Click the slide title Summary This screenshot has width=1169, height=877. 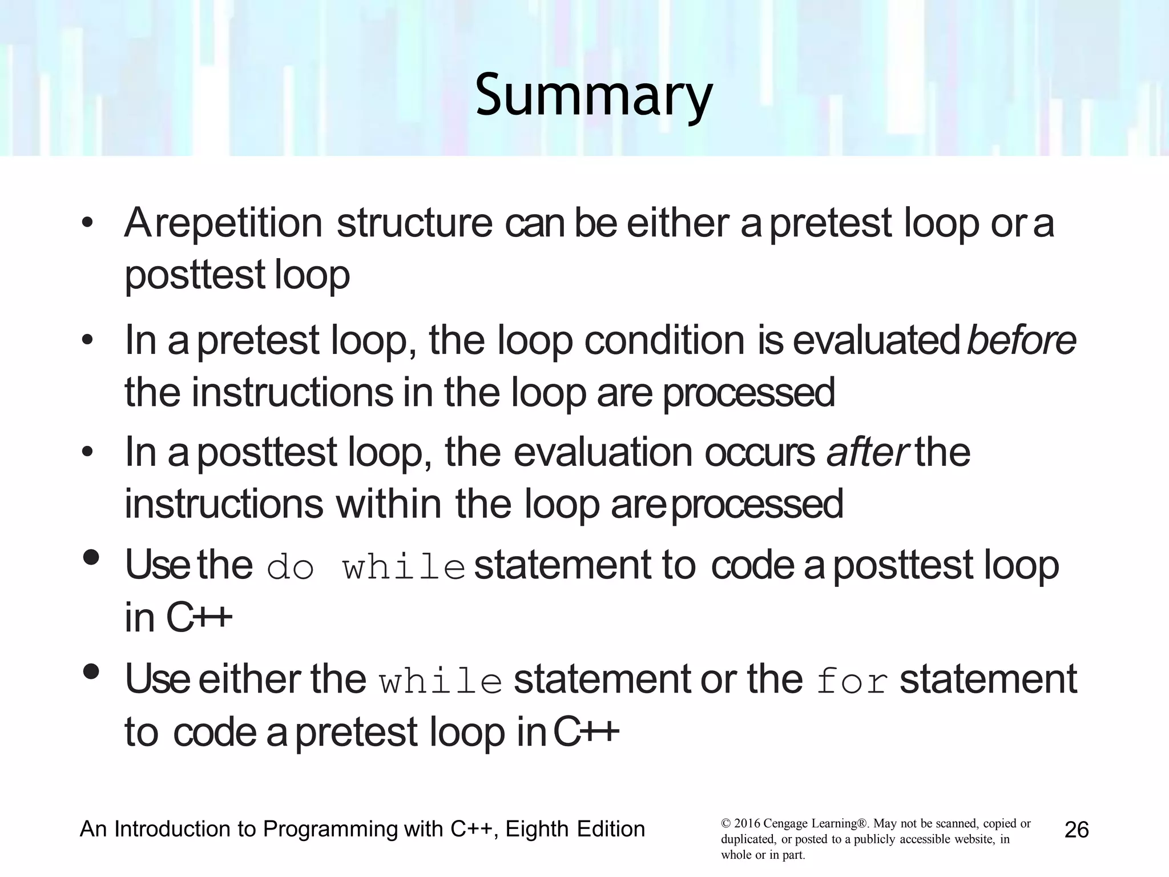pyautogui.click(x=594, y=96)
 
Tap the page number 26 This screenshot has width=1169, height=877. pyautogui.click(x=1077, y=830)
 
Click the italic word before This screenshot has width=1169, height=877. pyautogui.click(x=1021, y=340)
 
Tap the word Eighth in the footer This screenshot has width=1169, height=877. pyautogui.click(x=534, y=829)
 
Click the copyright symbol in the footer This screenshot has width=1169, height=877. pyautogui.click(x=726, y=824)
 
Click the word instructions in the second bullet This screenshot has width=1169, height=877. pyautogui.click(x=292, y=392)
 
